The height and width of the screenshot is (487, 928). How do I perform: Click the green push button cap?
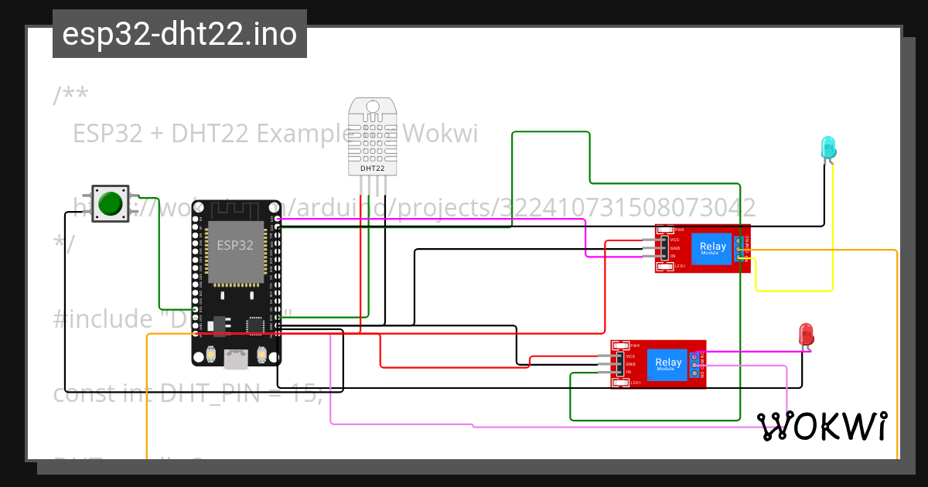point(111,203)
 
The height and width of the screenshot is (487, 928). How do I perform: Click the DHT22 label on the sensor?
point(373,168)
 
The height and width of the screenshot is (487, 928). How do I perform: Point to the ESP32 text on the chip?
point(235,246)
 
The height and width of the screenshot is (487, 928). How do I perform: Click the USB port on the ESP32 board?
point(236,357)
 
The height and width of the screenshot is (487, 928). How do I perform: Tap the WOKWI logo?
point(821,426)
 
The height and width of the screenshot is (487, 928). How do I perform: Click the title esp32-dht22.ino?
point(179,35)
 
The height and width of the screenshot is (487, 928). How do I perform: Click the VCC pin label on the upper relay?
point(674,240)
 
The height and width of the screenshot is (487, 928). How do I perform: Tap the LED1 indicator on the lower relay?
point(635,383)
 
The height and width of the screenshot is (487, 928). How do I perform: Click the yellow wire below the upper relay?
point(793,291)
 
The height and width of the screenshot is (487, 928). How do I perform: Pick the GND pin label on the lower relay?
point(630,364)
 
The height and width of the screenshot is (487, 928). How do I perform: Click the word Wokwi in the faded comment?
point(441,135)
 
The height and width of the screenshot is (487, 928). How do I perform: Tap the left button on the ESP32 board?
point(210,355)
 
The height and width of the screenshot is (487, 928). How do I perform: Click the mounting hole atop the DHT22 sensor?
point(373,106)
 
